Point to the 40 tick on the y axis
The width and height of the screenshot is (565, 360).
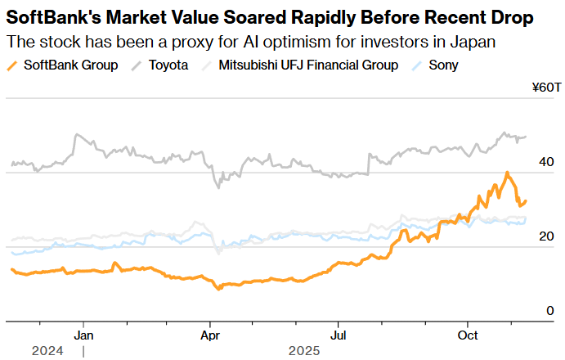tap(547, 163)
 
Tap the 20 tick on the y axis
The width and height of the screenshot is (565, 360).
tap(547, 236)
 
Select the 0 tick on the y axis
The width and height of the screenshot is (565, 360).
tap(550, 311)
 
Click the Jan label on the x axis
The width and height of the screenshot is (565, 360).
tap(83, 335)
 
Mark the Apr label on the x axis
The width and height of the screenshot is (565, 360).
tap(211, 335)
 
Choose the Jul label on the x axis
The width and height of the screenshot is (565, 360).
tap(338, 335)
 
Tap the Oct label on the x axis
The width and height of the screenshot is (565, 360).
tap(468, 335)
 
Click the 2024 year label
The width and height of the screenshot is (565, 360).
tap(47, 351)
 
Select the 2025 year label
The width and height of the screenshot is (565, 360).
tap(304, 351)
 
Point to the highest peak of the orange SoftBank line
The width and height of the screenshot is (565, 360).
tap(508, 173)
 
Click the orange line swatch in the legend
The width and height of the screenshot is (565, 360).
tap(12, 65)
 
